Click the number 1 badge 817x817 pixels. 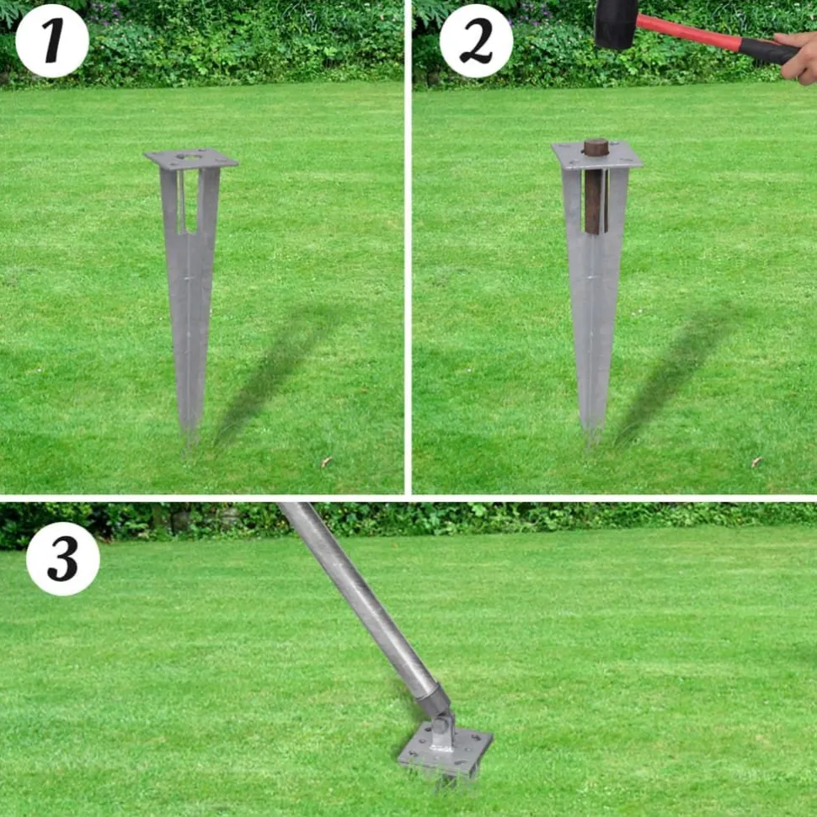pyautogui.click(x=52, y=40)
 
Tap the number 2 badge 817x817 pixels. pyautogui.click(x=476, y=40)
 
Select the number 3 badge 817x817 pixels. pyautogui.click(x=63, y=558)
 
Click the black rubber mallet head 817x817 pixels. pyautogui.click(x=616, y=24)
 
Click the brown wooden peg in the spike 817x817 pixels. pyautogui.click(x=595, y=185)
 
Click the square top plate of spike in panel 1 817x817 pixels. pyautogui.click(x=190, y=158)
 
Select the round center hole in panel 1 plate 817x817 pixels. pyautogui.click(x=190, y=156)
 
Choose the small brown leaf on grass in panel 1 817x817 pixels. pyautogui.click(x=327, y=461)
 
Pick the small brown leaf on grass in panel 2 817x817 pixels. pyautogui.click(x=756, y=461)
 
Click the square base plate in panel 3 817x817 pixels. pyautogui.click(x=446, y=750)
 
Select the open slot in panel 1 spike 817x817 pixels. pyautogui.click(x=188, y=200)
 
